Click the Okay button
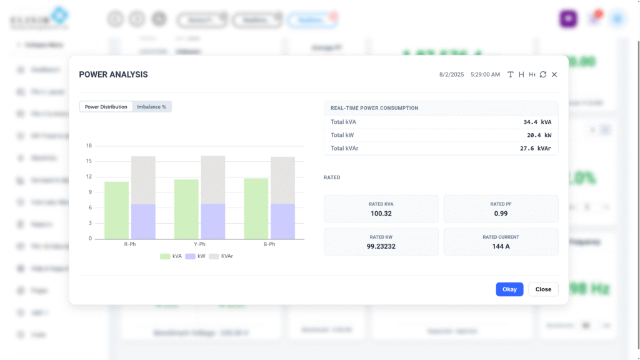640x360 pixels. coord(509,289)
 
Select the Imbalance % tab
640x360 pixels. coord(151,107)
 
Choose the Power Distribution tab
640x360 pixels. coord(106,107)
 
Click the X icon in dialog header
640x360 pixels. coord(554,74)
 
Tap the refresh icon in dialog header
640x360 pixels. coord(543,74)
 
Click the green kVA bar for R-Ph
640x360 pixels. coord(117,210)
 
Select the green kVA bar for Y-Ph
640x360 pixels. coord(186,209)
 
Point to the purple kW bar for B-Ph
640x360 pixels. coord(282,221)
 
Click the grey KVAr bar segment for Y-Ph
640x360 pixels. coord(213,179)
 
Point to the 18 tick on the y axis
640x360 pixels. coord(89,146)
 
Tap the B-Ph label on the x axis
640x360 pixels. coord(269,244)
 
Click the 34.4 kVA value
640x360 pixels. coord(537,122)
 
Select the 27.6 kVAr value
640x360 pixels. coord(536,148)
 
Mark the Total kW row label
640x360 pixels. coord(343,135)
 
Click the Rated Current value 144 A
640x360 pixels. coord(501,246)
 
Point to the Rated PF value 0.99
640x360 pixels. coord(501,214)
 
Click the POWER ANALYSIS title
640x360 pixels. coord(113,74)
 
